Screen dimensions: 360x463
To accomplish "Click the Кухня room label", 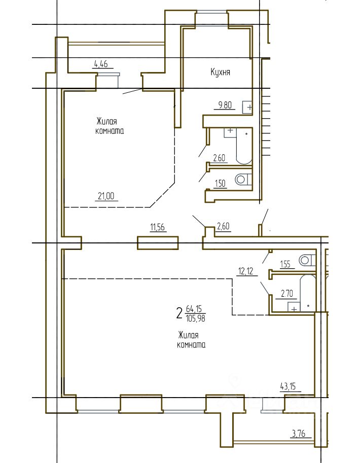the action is pyautogui.click(x=221, y=72).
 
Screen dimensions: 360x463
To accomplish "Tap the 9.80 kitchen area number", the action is pyautogui.click(x=225, y=105).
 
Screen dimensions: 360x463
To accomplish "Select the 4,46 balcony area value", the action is pyautogui.click(x=101, y=64).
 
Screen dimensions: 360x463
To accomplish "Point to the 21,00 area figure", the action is pyautogui.click(x=106, y=196).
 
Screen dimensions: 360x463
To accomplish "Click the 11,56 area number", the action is pyautogui.click(x=157, y=227).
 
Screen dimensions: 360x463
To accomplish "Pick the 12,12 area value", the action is pyautogui.click(x=246, y=271).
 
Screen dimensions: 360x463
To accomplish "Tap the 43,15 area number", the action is pyautogui.click(x=288, y=386).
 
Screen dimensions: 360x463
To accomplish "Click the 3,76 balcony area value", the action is pyautogui.click(x=298, y=434).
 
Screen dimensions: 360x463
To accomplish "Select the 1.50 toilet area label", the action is pyautogui.click(x=220, y=184).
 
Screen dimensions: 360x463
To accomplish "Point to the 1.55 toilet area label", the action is pyautogui.click(x=285, y=264).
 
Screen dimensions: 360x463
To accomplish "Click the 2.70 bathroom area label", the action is pyautogui.click(x=286, y=294).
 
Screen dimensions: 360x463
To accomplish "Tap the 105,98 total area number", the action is pyautogui.click(x=196, y=318).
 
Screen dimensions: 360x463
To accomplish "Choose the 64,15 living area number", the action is pyautogui.click(x=194, y=309).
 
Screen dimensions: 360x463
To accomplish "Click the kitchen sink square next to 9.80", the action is pyautogui.click(x=247, y=107).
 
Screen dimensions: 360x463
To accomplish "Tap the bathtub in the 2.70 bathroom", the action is pyautogui.click(x=308, y=293).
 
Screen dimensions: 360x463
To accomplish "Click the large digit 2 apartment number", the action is pyautogui.click(x=179, y=313).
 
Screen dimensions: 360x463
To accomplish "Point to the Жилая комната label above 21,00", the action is pyautogui.click(x=110, y=126).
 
